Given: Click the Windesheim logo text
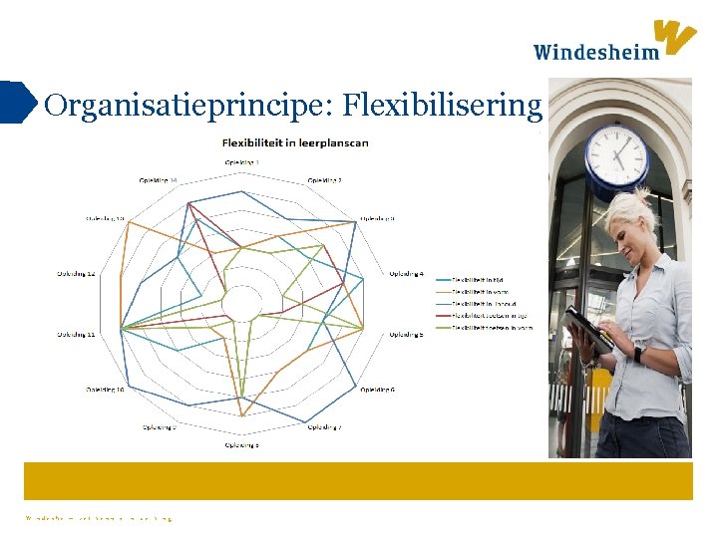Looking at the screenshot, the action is [595, 52].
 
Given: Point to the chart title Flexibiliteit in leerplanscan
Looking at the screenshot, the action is [295, 142].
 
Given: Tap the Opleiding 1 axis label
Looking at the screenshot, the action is [242, 161].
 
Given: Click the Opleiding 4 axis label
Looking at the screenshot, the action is [406, 273].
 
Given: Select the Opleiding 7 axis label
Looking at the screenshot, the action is [325, 427].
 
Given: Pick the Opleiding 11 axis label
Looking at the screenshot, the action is [77, 335].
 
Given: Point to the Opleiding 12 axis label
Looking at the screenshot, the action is [77, 273].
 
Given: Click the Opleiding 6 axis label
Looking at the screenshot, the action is [377, 389].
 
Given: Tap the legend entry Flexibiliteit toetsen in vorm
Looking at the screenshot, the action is [493, 327].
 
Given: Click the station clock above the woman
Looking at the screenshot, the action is [616, 154].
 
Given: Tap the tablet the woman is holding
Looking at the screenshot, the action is [587, 330].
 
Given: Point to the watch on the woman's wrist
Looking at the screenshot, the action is [638, 354].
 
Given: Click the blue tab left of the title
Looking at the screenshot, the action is [17, 102].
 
